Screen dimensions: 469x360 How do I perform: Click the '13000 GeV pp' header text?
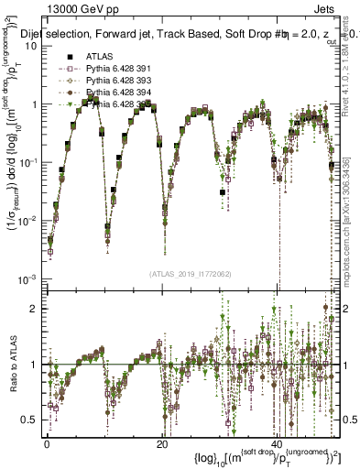[56, 8]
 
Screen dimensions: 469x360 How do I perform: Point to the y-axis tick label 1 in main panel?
[34, 104]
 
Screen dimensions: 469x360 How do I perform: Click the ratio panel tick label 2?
[34, 308]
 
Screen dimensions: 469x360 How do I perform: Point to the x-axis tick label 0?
[47, 443]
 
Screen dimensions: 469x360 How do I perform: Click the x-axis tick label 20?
[161, 443]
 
